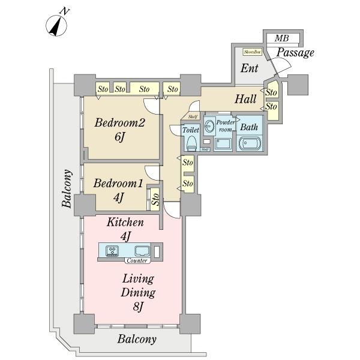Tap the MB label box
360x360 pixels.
282,38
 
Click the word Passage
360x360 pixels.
295,53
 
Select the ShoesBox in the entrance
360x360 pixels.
251,52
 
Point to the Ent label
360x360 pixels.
249,68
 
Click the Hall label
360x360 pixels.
245,99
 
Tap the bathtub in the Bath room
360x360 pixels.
249,143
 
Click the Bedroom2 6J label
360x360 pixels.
121,130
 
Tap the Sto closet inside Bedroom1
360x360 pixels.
154,199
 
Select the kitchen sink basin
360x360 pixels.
142,251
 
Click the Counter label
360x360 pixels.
137,261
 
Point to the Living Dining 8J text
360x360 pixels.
139,293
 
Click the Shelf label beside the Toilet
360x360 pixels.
193,117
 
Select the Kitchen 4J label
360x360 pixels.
125,229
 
